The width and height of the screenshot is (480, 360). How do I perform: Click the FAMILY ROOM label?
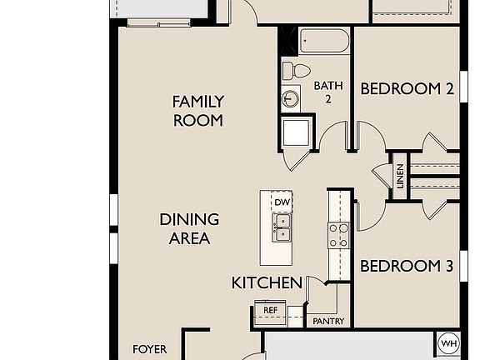[197, 111]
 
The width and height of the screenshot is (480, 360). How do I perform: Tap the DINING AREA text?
[189, 229]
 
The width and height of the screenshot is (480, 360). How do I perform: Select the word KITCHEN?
[267, 283]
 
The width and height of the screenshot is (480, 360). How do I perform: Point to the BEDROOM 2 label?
[407, 88]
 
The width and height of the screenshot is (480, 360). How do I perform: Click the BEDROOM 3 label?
[406, 267]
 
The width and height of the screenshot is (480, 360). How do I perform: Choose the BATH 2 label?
[327, 92]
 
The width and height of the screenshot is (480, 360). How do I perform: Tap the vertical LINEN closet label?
[400, 175]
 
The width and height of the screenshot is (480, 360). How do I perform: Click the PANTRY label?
[327, 321]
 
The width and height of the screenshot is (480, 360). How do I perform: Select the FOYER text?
[150, 349]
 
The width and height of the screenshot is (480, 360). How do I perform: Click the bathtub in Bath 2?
[325, 42]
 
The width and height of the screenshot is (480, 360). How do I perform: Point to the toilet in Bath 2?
[296, 70]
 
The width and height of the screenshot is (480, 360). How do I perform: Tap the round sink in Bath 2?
[291, 99]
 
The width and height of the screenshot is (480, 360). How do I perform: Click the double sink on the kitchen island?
[282, 227]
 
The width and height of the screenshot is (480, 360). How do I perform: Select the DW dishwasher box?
[282, 202]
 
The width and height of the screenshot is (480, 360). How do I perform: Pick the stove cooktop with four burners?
[338, 235]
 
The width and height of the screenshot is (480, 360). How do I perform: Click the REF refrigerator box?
[270, 310]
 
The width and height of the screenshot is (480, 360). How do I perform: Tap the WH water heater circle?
[448, 343]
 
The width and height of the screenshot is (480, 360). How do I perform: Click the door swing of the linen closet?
[382, 173]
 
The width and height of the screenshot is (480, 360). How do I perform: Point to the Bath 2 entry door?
[334, 137]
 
